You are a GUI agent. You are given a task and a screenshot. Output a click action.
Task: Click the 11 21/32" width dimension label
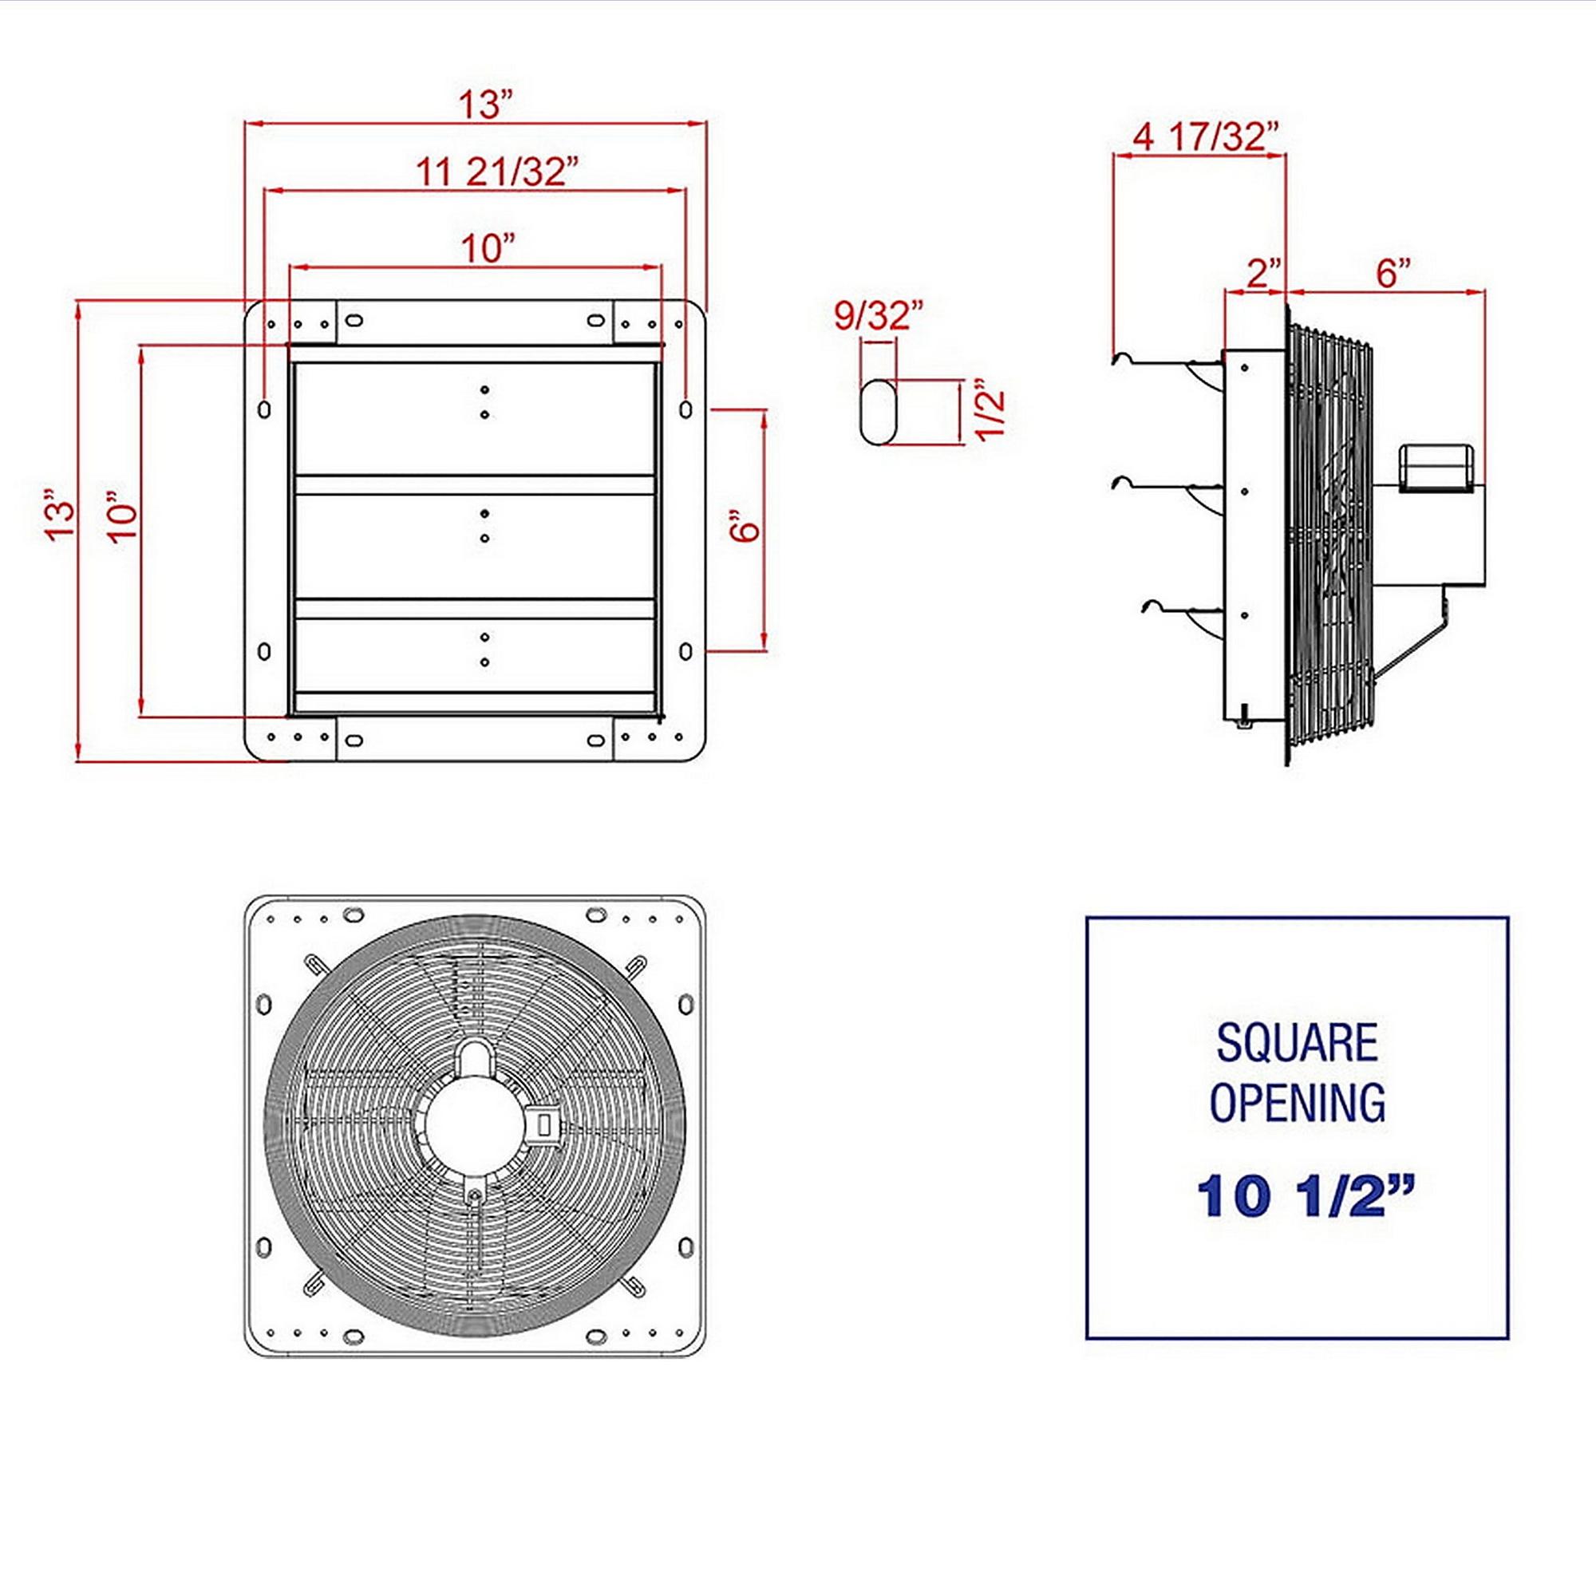click(496, 172)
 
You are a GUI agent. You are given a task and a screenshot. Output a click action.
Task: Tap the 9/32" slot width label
click(878, 315)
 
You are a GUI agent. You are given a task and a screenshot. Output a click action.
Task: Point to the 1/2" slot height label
click(991, 410)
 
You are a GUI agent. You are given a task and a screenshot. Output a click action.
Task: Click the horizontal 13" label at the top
click(486, 105)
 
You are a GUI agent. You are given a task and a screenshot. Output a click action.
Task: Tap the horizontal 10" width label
click(488, 248)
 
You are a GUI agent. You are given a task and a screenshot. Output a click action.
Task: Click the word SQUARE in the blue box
click(1297, 1042)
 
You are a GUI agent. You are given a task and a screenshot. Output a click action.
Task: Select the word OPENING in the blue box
click(1297, 1103)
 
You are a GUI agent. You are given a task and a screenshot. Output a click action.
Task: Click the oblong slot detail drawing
click(878, 412)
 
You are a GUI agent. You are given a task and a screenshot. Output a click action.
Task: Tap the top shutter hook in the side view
click(1167, 361)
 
